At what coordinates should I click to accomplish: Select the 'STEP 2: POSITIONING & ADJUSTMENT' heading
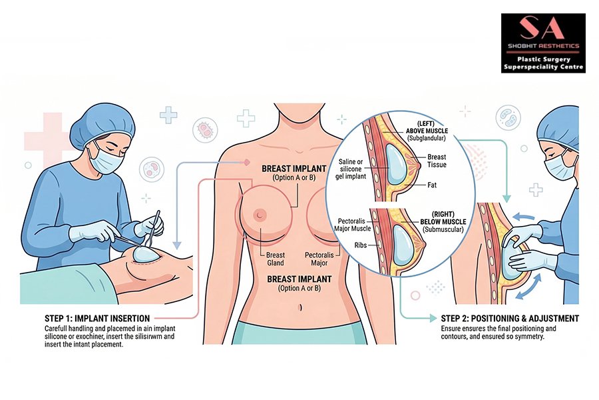click(510, 318)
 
